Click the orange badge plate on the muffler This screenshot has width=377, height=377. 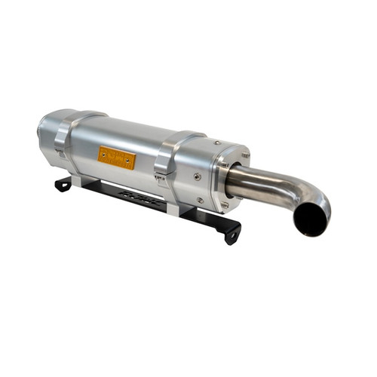click(116, 158)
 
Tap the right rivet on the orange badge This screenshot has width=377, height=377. click(132, 162)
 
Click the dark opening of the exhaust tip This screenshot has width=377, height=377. click(311, 219)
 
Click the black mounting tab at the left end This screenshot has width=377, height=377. click(63, 184)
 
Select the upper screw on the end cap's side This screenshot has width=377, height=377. click(197, 176)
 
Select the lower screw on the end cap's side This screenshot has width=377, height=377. click(199, 200)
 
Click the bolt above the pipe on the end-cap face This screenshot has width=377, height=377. click(246, 155)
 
